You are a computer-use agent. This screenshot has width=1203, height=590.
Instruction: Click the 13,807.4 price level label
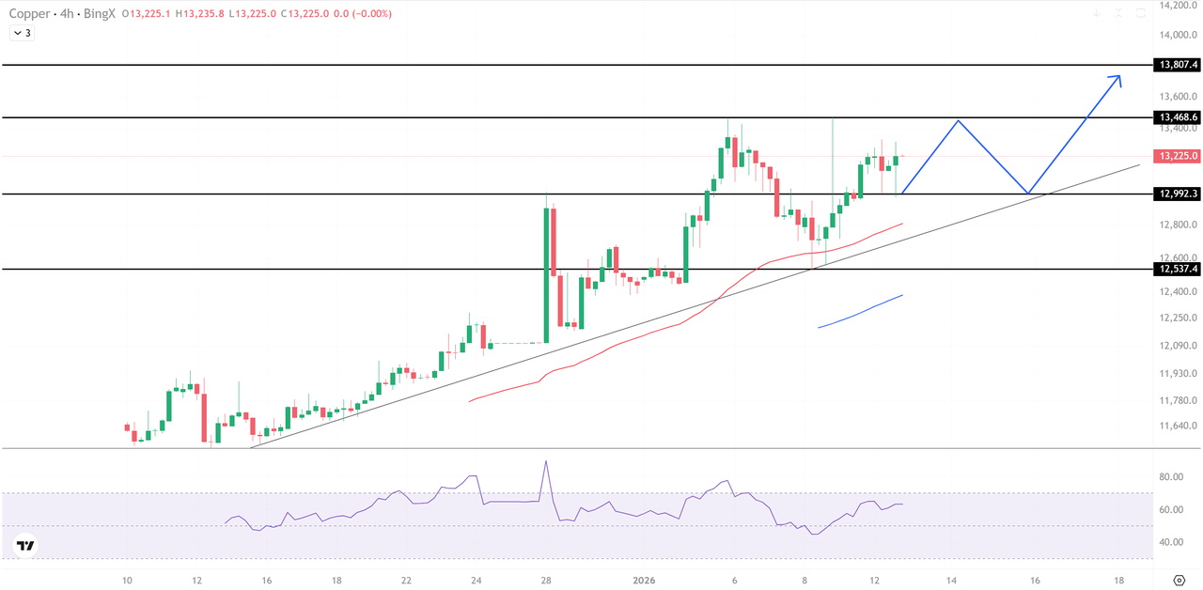[1179, 65]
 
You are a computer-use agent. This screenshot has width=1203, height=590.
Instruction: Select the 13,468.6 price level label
[1179, 117]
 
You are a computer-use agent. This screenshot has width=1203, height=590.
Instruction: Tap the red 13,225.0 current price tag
[1179, 156]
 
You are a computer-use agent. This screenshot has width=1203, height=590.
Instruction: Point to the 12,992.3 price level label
[1179, 194]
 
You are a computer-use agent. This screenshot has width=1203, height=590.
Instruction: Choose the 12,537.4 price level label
[1179, 269]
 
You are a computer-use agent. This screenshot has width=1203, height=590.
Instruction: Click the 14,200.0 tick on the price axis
[1179, 6]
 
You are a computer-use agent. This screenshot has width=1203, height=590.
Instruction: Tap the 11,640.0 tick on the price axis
[1179, 426]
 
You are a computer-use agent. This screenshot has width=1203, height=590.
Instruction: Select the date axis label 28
[545, 581]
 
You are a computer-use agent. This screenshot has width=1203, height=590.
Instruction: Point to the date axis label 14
[952, 581]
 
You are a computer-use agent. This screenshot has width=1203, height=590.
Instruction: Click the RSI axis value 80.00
[1170, 477]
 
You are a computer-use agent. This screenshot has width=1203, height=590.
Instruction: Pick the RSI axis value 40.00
[1170, 542]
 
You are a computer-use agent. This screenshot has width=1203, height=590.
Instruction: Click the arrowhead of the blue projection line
[1117, 78]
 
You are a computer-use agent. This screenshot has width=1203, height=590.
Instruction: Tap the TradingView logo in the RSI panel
[25, 545]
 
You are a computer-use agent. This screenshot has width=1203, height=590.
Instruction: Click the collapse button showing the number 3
[22, 33]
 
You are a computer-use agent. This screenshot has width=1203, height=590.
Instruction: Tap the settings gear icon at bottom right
[1179, 580]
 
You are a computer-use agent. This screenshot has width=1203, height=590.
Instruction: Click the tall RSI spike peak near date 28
[545, 461]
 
